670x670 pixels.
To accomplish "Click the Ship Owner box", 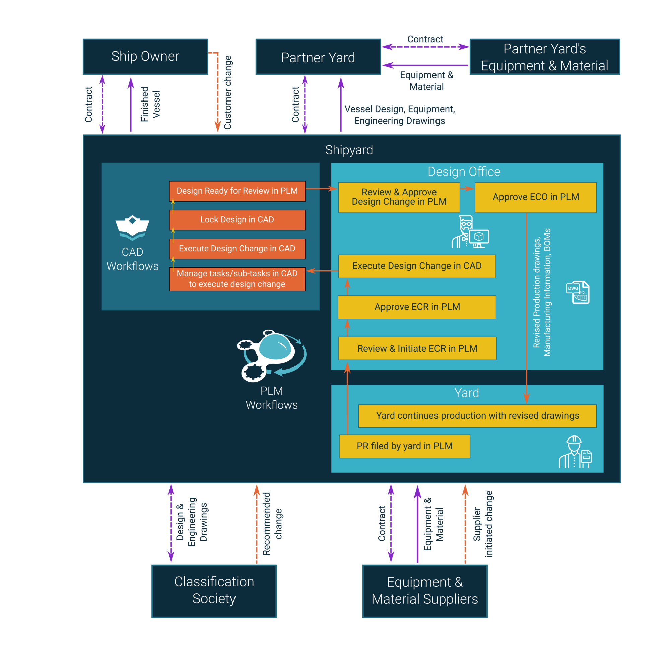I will pyautogui.click(x=145, y=57).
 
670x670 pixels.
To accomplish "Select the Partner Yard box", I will pyautogui.click(x=318, y=57).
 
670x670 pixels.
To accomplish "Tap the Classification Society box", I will pyautogui.click(x=214, y=591).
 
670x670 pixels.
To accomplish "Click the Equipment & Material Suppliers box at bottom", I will pyautogui.click(x=425, y=591).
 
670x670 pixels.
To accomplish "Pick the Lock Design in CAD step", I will pyautogui.click(x=237, y=220).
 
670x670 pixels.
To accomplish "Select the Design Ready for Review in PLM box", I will pyautogui.click(x=237, y=191).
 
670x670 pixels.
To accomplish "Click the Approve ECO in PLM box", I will pyautogui.click(x=535, y=197).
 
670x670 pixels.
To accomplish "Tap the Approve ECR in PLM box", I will pyautogui.click(x=417, y=307).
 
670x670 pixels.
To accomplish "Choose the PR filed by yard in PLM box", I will pyautogui.click(x=404, y=446).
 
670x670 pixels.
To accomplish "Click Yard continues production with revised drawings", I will pyautogui.click(x=477, y=416).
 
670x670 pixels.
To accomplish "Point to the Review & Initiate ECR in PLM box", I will pyautogui.click(x=417, y=348).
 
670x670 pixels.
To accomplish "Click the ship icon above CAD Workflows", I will pyautogui.click(x=132, y=227).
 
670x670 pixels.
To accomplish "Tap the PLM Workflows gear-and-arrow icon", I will pyautogui.click(x=272, y=355).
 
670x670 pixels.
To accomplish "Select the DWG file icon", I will pyautogui.click(x=578, y=292).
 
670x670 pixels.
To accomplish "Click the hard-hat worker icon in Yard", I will pyautogui.click(x=575, y=452).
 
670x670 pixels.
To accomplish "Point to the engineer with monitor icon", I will pyautogui.click(x=470, y=232).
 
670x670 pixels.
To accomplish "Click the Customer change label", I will pyautogui.click(x=228, y=92).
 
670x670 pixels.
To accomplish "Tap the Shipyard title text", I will pyautogui.click(x=349, y=150).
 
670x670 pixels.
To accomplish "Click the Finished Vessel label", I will pyautogui.click(x=150, y=104).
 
